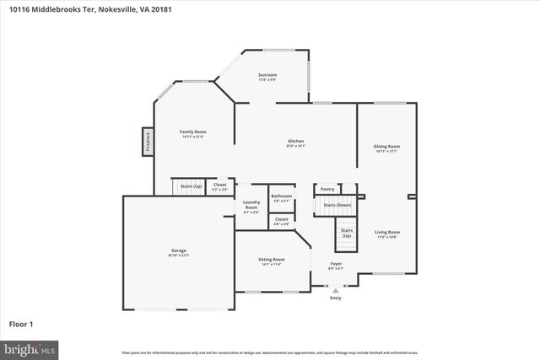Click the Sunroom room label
pos(267,76)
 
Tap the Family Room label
pos(193,132)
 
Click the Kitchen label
pos(295,142)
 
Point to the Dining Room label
pos(386,148)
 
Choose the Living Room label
pos(386,233)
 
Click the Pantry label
pos(327,190)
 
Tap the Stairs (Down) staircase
pos(337,206)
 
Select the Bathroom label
pos(281,197)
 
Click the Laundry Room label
pos(251,206)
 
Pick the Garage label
pos(178,251)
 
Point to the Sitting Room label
pos(271,261)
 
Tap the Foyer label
pos(336,265)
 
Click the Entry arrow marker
pos(336,291)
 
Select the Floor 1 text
pos(20,323)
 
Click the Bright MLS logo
pos(30,347)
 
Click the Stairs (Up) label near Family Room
pos(192,185)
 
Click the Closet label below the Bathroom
pos(281,220)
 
